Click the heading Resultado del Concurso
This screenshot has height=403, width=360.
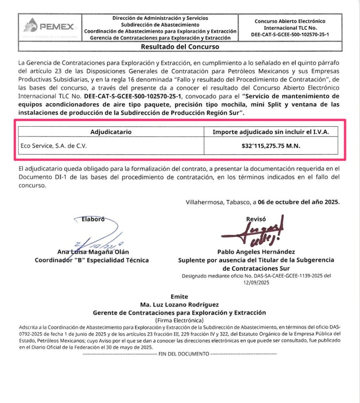[180, 47]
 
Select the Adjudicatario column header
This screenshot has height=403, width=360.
[111, 132]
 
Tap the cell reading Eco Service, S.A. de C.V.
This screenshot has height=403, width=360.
[54, 146]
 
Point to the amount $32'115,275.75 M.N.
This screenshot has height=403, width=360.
[271, 146]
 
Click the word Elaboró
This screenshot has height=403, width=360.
[93, 220]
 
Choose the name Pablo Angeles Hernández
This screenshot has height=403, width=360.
[256, 252]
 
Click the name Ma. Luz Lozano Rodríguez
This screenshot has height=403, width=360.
[179, 305]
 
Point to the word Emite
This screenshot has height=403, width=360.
[179, 297]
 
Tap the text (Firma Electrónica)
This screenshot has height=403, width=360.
[179, 320]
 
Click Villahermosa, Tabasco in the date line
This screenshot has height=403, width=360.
[218, 203]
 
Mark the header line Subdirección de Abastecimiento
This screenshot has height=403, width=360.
[160, 24]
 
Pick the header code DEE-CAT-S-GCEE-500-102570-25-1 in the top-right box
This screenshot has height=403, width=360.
[289, 35]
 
